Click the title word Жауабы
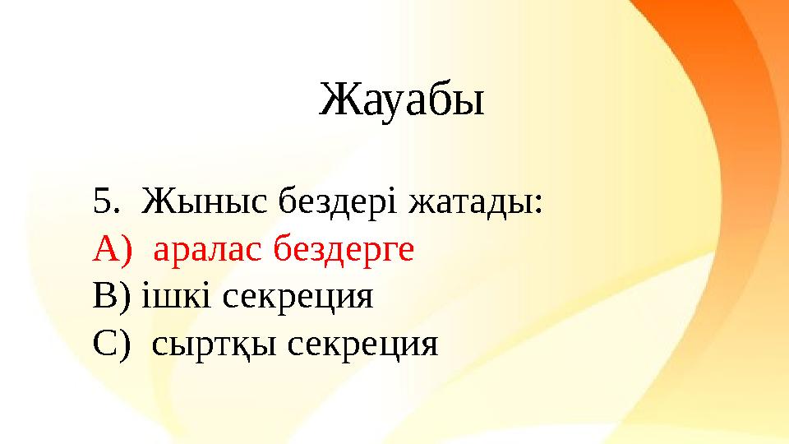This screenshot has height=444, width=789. click(x=401, y=100)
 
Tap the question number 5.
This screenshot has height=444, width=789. click(x=101, y=200)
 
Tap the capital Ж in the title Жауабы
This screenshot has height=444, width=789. click(x=335, y=100)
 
